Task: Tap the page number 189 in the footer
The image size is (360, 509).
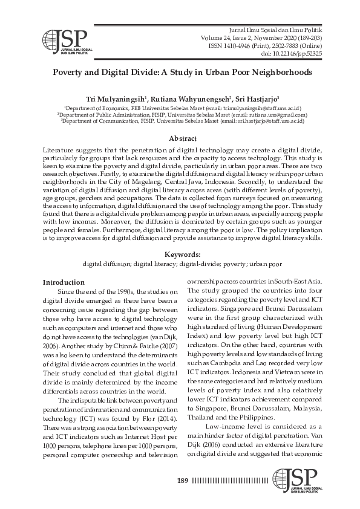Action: [x=183, y=481]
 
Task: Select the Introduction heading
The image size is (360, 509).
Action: [x=64, y=282]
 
